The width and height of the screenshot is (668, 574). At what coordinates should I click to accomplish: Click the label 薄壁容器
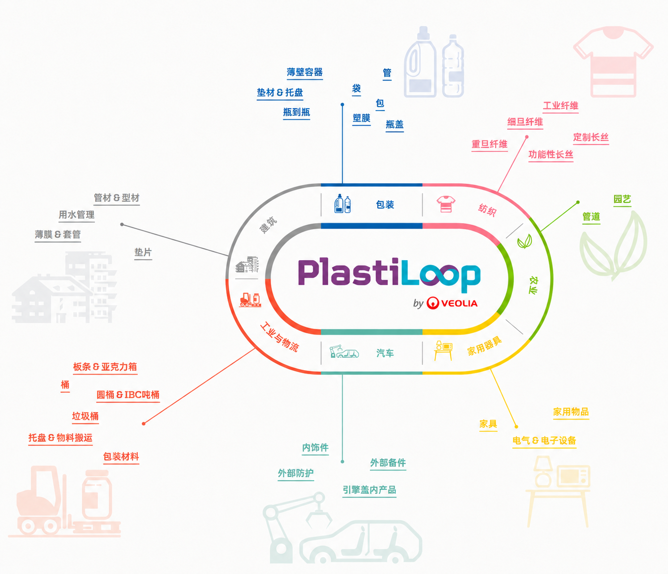point(305,72)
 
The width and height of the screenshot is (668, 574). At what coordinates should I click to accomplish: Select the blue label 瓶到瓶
point(296,112)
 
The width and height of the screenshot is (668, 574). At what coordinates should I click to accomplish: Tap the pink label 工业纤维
point(560,106)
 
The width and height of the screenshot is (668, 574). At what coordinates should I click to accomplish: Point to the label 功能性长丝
point(550,154)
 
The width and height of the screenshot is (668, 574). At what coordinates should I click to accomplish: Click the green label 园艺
point(622,199)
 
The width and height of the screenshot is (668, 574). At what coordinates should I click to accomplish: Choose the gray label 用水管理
point(77,215)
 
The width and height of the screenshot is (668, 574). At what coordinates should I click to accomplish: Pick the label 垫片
point(143,252)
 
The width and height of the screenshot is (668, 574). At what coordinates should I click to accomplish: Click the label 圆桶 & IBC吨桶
point(128,395)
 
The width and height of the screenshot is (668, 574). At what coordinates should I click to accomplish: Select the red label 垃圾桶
point(85,416)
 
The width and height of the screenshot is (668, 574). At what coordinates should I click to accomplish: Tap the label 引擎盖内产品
point(369,490)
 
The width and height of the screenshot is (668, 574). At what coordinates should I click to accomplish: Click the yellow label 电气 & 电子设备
point(544,440)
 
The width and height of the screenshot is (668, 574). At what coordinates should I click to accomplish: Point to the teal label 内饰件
point(315,447)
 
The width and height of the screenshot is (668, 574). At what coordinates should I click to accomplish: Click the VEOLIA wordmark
point(459,304)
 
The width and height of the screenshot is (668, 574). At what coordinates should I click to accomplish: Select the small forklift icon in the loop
point(250,300)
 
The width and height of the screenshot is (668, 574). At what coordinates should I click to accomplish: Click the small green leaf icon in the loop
point(524,242)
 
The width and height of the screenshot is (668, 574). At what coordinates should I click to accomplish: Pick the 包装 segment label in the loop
point(385,204)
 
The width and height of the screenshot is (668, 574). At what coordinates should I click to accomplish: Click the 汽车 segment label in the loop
point(385,353)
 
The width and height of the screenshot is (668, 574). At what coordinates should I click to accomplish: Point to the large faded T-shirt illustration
point(613,61)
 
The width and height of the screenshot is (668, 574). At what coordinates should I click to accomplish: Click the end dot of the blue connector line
point(342,105)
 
